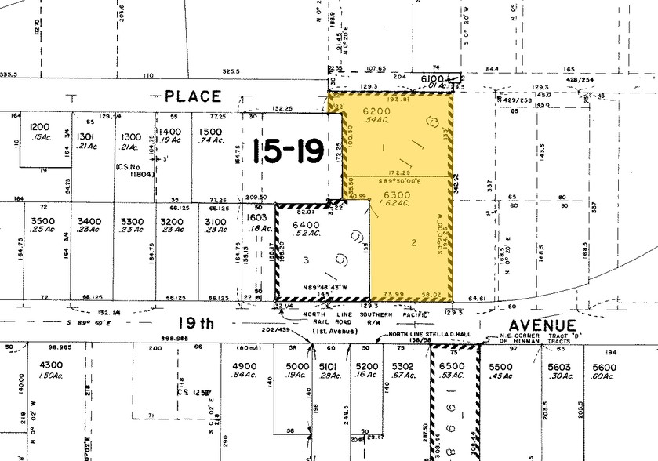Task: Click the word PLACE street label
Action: pos(193,96)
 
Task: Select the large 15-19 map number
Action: pos(289,150)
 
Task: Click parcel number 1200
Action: pos(40,127)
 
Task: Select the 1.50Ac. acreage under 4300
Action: pos(51,376)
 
